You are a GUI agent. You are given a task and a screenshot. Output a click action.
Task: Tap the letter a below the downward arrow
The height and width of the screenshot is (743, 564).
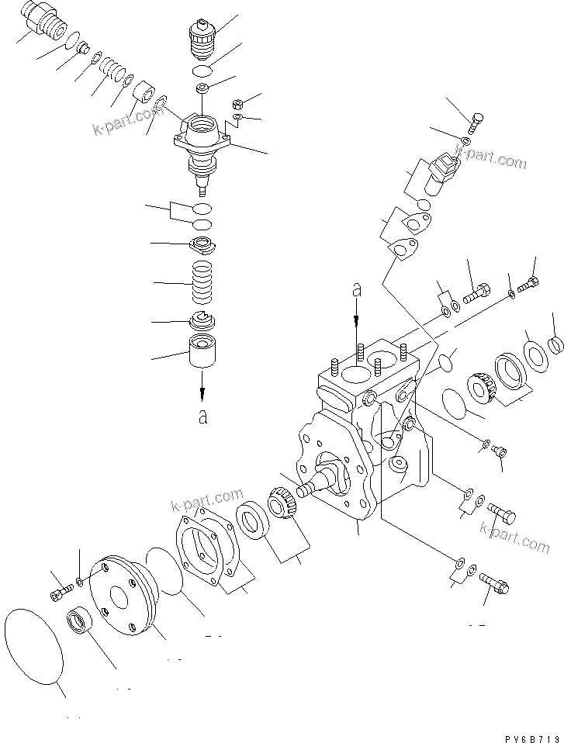point(202,417)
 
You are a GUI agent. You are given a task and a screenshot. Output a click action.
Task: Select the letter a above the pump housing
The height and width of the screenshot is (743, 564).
point(357,290)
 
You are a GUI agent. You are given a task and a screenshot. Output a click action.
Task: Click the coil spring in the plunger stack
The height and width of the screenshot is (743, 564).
point(203,285)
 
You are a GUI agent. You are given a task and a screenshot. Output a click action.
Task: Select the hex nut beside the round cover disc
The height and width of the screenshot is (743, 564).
point(78,622)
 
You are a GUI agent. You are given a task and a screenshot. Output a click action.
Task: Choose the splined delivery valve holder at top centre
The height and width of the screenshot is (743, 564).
point(205,40)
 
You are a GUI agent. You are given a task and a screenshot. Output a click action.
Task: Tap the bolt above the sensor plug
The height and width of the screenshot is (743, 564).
point(476,122)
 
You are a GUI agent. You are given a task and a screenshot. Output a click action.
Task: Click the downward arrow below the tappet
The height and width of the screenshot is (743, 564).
point(202,385)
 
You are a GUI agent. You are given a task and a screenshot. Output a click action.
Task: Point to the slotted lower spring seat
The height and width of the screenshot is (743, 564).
point(203,320)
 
